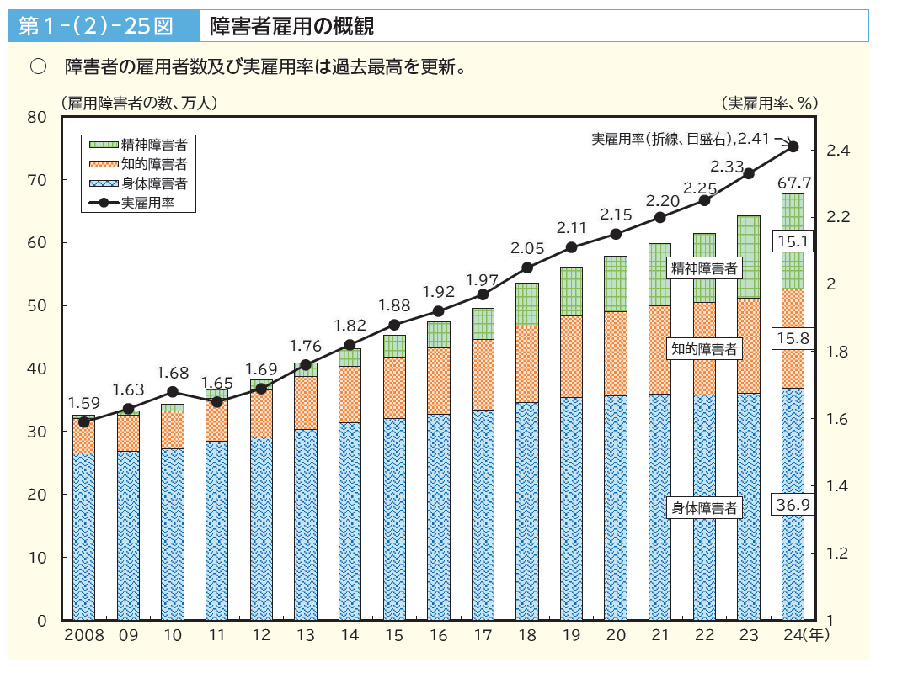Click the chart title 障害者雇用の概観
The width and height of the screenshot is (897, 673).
291,26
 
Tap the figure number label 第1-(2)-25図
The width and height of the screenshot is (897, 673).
95,26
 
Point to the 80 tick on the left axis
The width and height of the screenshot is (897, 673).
36,117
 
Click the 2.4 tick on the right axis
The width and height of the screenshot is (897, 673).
838,150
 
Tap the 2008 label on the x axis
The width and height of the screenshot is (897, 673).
83,635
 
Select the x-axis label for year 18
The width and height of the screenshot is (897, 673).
526,635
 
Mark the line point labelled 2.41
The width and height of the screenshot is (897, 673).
793,146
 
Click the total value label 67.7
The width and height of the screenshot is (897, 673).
793,182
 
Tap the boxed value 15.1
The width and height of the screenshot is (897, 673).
793,242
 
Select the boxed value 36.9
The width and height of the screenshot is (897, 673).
793,505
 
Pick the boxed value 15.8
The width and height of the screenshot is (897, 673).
793,338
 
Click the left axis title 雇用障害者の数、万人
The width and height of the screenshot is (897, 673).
139,103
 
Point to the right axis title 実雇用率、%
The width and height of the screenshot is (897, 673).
769,103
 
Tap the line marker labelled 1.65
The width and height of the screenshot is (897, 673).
216,401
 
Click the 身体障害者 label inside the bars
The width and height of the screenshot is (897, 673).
704,507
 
